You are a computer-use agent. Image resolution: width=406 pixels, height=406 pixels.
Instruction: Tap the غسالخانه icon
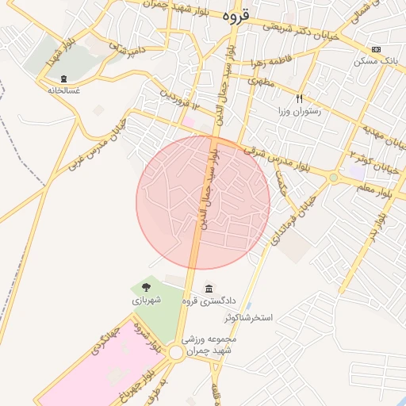pos(64,78)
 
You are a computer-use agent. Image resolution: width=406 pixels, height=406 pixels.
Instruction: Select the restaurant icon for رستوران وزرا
pos(300,99)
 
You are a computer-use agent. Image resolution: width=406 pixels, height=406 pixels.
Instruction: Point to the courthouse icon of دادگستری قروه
pos(209,288)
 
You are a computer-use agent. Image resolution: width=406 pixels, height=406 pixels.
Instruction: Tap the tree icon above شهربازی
pos(146,287)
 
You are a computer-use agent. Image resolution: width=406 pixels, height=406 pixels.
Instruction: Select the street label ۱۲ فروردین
pos(178,100)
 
